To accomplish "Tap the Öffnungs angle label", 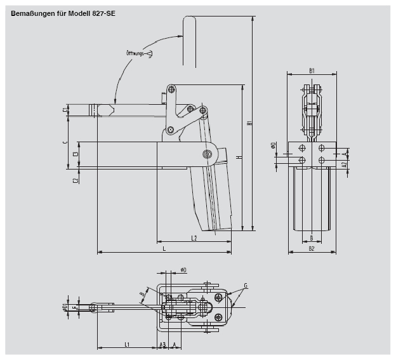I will point(135,53).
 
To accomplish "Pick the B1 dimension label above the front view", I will point(312,70).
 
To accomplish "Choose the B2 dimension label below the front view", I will point(312,248).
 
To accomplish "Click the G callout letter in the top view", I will point(245,286).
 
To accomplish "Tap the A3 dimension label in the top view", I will point(162,344).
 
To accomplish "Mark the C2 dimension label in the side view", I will point(76,180).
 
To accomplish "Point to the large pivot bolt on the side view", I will point(208,154).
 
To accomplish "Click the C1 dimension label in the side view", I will point(66,110).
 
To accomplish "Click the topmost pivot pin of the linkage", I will point(169,88).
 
